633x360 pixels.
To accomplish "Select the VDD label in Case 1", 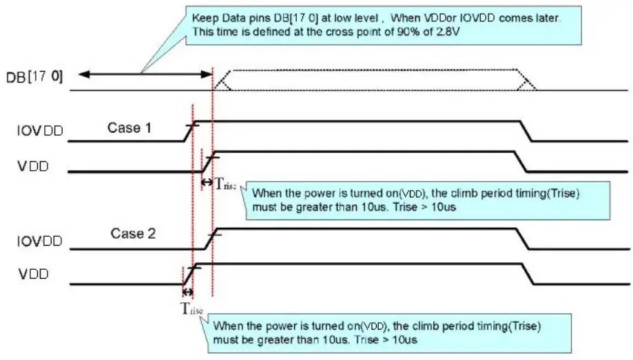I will pyautogui.click(x=34, y=166).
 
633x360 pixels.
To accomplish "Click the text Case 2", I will pyautogui.click(x=132, y=233).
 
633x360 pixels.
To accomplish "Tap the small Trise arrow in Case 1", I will pyautogui.click(x=206, y=182).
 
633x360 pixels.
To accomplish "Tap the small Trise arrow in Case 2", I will pyautogui.click(x=188, y=292).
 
